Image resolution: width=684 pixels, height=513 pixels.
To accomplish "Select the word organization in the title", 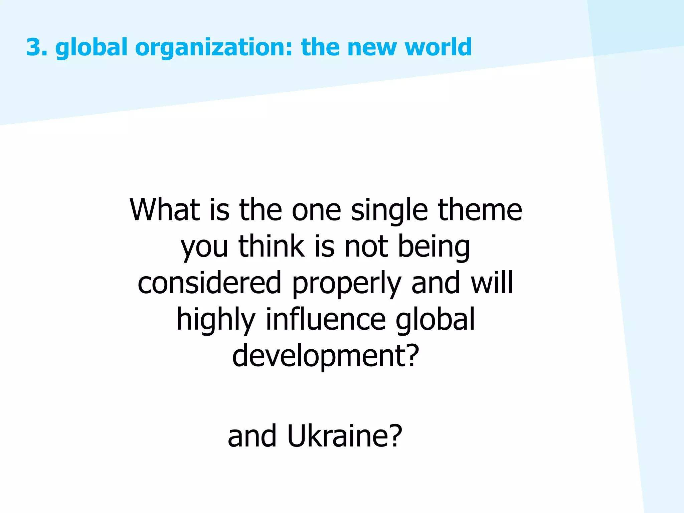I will pos(214,48).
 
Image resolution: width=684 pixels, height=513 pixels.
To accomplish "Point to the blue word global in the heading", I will pos(91,48).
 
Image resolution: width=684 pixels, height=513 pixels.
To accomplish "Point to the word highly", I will pos(216,320).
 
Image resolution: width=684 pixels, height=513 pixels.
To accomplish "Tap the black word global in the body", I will pos(435,320).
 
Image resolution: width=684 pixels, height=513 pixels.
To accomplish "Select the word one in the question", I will pos(316,210).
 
